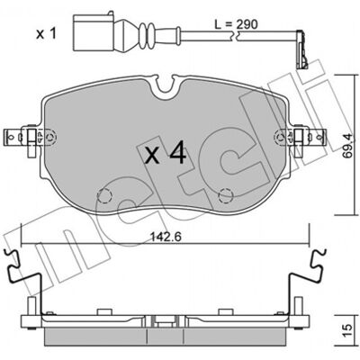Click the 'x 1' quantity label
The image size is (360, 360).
coord(46,34)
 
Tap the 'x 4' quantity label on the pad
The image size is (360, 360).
coord(166,154)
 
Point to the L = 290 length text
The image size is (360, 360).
coord(236,24)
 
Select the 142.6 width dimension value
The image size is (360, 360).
coord(166,238)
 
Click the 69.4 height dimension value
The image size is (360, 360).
coord(347,145)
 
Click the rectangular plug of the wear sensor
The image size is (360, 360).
coord(93,31)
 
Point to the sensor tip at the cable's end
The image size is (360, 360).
coord(301,50)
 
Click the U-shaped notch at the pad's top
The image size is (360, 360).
coord(166,85)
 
